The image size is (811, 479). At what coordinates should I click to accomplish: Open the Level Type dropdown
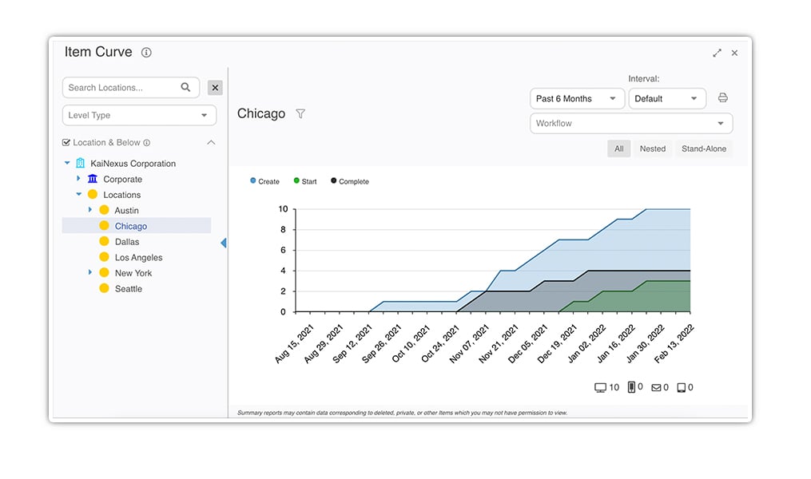click(x=139, y=115)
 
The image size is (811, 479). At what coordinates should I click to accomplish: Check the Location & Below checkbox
click(x=66, y=143)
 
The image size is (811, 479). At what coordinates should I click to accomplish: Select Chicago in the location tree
click(x=131, y=226)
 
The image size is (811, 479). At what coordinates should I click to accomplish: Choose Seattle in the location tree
click(x=129, y=289)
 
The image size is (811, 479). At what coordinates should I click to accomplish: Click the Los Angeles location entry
click(x=138, y=257)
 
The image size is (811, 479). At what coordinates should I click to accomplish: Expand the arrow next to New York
click(x=90, y=272)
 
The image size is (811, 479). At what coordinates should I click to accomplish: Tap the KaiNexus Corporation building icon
click(x=80, y=164)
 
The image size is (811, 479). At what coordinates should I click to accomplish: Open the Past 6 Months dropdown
click(x=577, y=99)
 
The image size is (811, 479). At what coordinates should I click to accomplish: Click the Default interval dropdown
click(x=667, y=99)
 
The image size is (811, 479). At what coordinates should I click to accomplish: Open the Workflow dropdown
click(x=631, y=124)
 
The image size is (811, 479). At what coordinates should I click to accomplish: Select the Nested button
click(x=653, y=148)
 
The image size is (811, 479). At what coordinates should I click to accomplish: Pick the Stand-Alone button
click(x=703, y=148)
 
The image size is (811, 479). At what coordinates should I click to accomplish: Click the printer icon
click(x=722, y=97)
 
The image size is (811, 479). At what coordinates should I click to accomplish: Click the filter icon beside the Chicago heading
click(x=300, y=113)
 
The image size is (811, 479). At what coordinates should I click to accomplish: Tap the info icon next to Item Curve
click(x=146, y=52)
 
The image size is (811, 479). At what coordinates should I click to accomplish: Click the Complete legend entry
click(x=350, y=181)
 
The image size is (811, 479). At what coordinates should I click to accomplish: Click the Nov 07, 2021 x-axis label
click(x=468, y=344)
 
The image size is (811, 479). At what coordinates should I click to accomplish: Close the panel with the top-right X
click(x=734, y=53)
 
